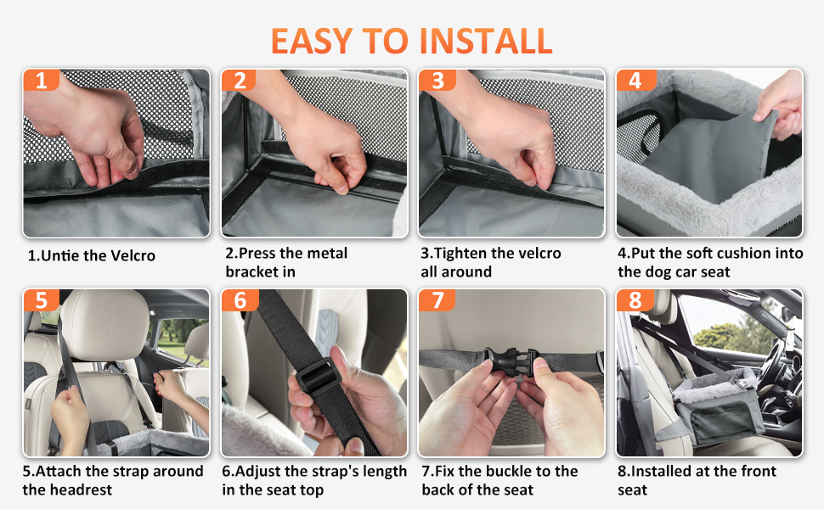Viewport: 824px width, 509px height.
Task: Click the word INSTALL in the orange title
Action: pyautogui.click(x=486, y=41)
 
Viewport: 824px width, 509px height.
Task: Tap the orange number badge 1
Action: pyautogui.click(x=41, y=80)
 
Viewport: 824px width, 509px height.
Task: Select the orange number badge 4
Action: pyautogui.click(x=635, y=80)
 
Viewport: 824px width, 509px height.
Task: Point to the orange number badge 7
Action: pyautogui.click(x=437, y=300)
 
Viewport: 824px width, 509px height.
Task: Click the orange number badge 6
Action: pyautogui.click(x=240, y=300)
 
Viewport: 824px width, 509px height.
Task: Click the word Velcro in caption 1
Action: pyautogui.click(x=133, y=255)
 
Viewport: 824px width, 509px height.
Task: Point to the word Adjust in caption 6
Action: pyautogui.click(x=257, y=472)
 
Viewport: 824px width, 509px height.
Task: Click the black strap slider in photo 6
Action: pyautogui.click(x=319, y=376)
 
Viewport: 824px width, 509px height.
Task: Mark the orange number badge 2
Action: pyautogui.click(x=239, y=80)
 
